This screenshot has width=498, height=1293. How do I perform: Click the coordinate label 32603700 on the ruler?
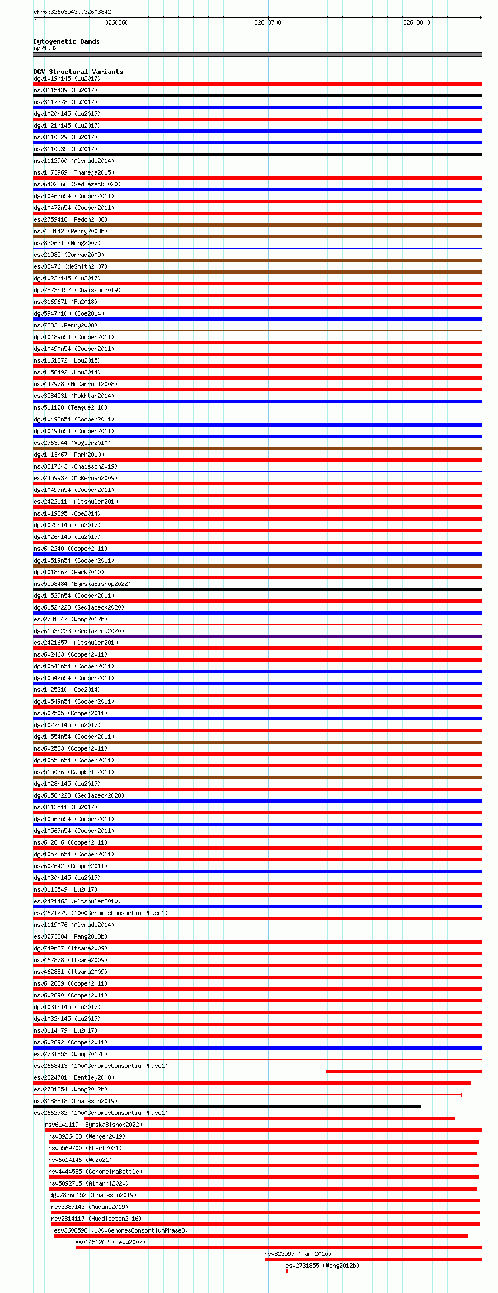coord(267,22)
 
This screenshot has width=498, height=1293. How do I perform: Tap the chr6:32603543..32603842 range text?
coord(72,12)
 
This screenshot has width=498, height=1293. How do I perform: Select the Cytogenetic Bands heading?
coord(66,41)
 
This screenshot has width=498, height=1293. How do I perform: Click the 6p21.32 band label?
coord(45,48)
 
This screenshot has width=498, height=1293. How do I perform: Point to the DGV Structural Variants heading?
coord(78,72)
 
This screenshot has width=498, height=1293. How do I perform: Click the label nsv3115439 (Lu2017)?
coord(65,90)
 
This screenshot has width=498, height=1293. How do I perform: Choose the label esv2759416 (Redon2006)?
coord(70,219)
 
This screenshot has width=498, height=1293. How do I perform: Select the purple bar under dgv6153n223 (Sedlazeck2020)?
coord(257,636)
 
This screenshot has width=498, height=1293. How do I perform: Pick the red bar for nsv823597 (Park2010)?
coord(373,1259)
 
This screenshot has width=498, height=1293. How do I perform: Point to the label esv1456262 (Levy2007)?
coord(110,1242)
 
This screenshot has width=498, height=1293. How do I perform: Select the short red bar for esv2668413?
coord(403,1071)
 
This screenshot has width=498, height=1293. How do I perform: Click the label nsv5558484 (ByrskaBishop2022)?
coord(82,584)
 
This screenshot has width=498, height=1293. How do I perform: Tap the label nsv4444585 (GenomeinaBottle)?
coord(95,1172)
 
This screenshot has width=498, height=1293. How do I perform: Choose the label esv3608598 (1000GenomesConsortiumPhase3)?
coord(120,1230)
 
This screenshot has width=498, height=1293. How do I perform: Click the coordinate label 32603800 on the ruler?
coord(416,22)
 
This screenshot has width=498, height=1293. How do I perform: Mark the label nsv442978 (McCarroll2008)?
coord(76,384)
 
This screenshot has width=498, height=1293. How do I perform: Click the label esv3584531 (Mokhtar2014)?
coord(73,396)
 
